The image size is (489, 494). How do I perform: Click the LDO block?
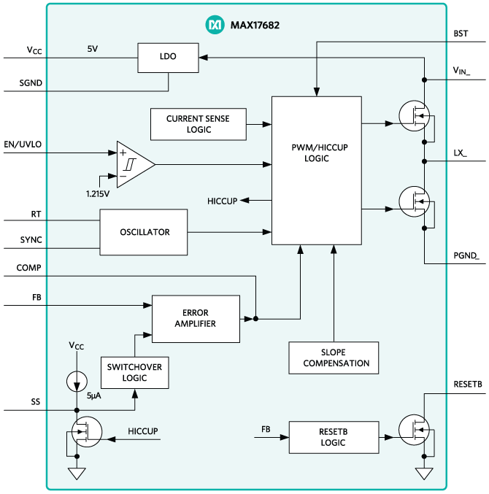(x=168, y=57)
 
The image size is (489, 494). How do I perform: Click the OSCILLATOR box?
(x=144, y=232)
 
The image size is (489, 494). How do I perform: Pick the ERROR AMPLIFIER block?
(x=195, y=318)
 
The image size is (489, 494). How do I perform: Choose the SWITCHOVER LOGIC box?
(x=134, y=372)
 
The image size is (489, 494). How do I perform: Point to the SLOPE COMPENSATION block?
(x=334, y=358)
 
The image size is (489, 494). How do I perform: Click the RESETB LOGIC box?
(x=334, y=437)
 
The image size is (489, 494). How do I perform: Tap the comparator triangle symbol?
(x=133, y=165)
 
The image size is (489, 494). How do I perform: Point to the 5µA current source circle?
(x=76, y=381)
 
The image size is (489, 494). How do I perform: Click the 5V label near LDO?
(x=93, y=50)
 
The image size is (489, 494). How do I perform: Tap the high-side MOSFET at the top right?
(x=414, y=116)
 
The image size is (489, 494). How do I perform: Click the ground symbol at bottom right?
(x=424, y=474)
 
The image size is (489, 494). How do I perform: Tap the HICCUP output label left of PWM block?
(x=222, y=201)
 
